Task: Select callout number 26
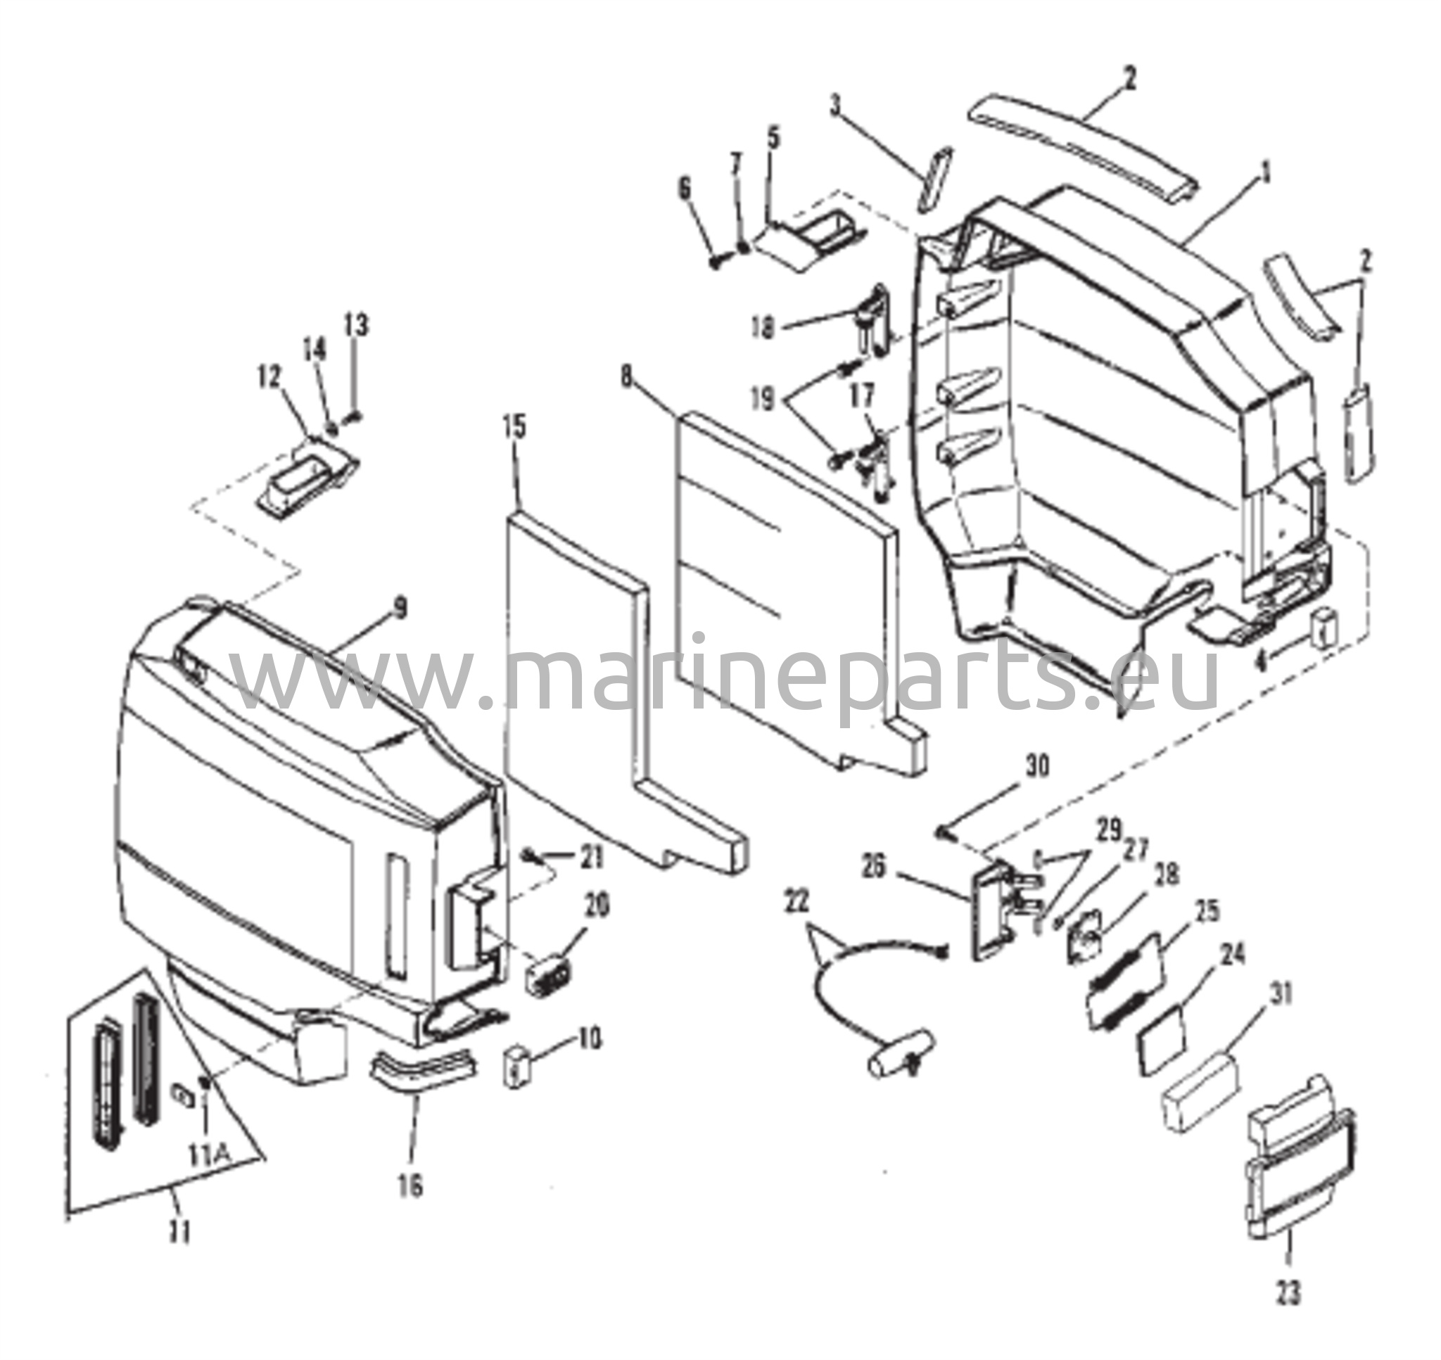(874, 868)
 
